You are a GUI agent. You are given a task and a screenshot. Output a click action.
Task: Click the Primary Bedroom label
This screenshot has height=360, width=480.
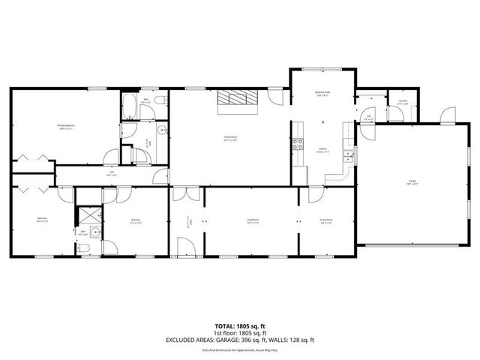[65, 126]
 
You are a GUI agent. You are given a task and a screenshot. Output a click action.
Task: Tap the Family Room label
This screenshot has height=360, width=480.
[230, 138]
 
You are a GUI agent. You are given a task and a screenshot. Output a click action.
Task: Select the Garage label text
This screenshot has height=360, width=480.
[412, 182]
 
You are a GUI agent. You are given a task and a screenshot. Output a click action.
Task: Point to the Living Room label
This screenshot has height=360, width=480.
[253, 221]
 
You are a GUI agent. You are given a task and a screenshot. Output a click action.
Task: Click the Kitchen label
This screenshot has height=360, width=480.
[323, 150]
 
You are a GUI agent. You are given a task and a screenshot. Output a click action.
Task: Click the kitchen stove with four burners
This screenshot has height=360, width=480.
[298, 144]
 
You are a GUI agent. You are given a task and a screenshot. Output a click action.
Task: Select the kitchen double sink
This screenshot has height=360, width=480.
[348, 155]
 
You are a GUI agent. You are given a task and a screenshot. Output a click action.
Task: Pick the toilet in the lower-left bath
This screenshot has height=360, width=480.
[85, 247]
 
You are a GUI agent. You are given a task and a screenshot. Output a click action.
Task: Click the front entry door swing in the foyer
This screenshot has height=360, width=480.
[184, 246]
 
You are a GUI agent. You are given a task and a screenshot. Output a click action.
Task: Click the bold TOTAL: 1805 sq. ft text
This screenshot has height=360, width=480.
[240, 325]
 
